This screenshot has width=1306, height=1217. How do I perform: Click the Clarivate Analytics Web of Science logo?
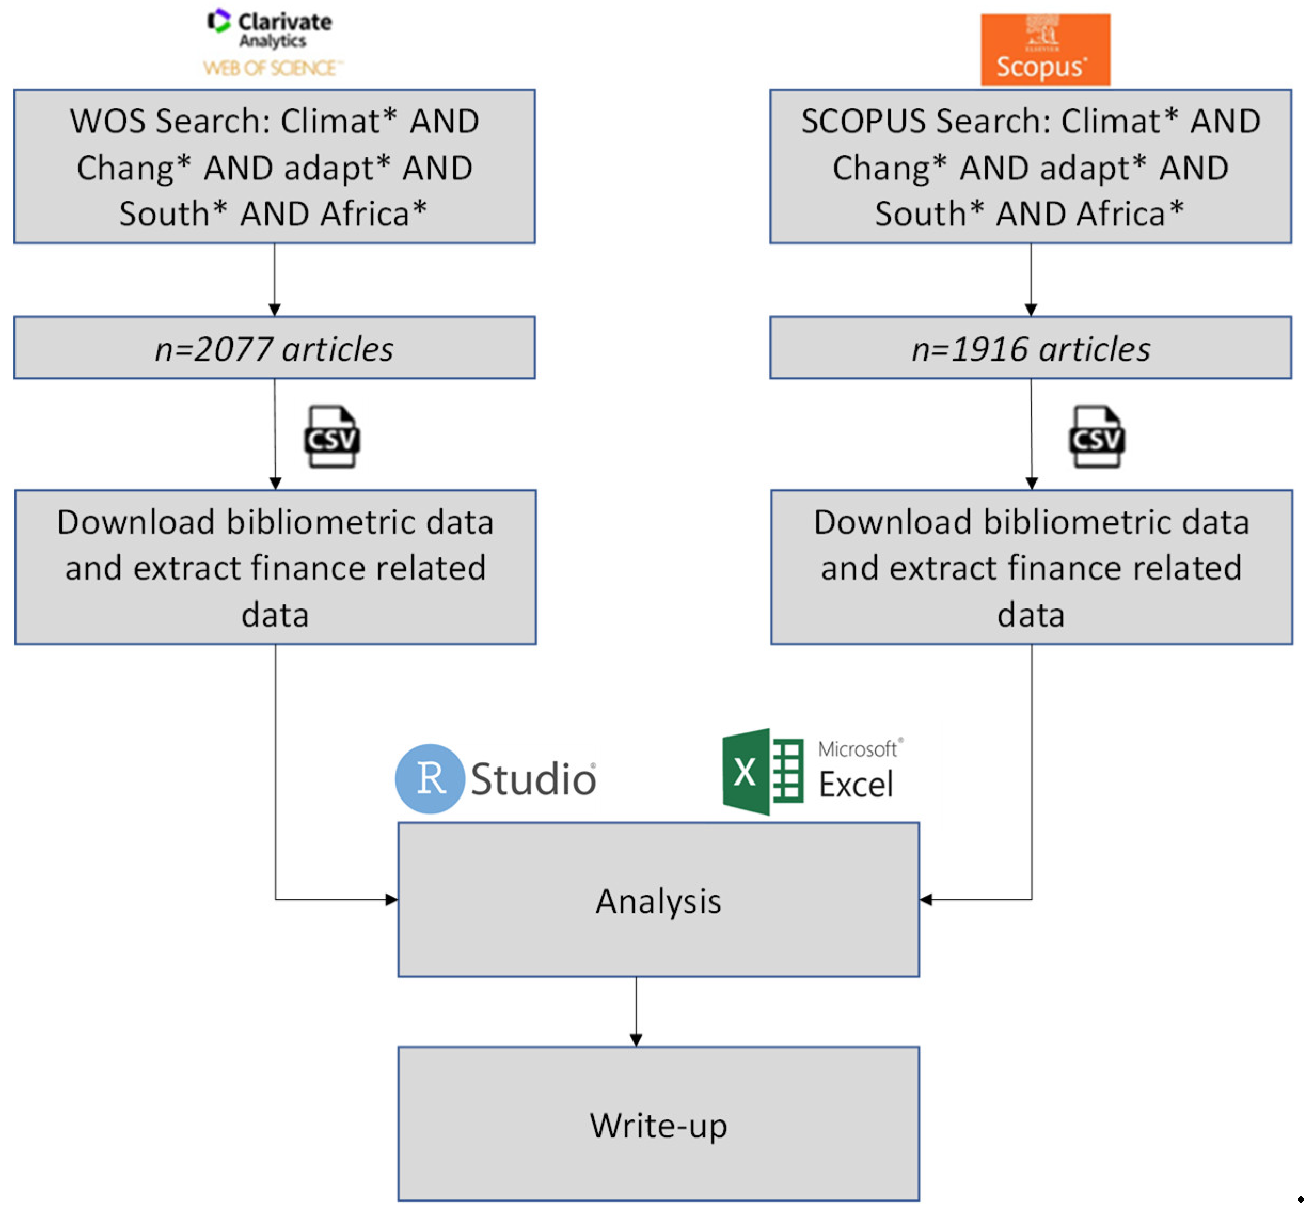pos(273,43)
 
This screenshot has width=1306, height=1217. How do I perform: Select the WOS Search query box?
pos(275,167)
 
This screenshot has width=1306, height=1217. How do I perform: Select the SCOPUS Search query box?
pos(1030,167)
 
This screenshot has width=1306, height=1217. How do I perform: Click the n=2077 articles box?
pos(275,347)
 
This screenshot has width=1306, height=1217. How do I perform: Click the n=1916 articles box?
pos(1030,347)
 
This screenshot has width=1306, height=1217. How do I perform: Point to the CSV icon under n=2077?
pos(332,437)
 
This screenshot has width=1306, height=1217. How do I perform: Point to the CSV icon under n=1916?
pos(1096,437)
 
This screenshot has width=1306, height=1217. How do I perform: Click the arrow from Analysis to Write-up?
pos(636,1012)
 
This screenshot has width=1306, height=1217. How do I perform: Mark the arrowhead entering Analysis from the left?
pos(392,899)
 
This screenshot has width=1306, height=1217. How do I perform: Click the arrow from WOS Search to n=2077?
pos(275,279)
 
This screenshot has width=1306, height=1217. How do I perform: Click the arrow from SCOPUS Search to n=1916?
pos(1030,279)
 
